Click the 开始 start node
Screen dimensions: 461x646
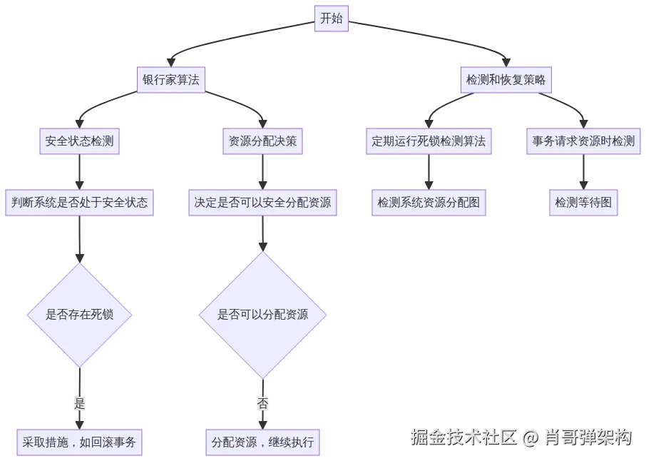click(332, 19)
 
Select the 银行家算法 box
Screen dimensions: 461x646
click(171, 81)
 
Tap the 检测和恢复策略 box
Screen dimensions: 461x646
click(506, 81)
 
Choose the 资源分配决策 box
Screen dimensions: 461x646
click(262, 141)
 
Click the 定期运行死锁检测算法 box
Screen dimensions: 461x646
click(429, 141)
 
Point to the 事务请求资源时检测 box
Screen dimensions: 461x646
click(583, 141)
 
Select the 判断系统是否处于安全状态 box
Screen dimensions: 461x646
click(79, 203)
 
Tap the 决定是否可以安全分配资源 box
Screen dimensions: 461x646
click(262, 203)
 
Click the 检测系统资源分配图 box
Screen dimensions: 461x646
click(429, 203)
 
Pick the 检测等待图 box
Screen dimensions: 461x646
click(583, 203)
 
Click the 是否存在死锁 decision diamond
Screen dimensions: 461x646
click(79, 315)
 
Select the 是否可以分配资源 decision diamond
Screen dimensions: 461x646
click(262, 315)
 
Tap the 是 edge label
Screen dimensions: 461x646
click(79, 404)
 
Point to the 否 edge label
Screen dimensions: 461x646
click(262, 404)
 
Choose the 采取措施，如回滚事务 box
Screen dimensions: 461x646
click(79, 442)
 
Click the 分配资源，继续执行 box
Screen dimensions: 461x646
click(262, 442)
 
